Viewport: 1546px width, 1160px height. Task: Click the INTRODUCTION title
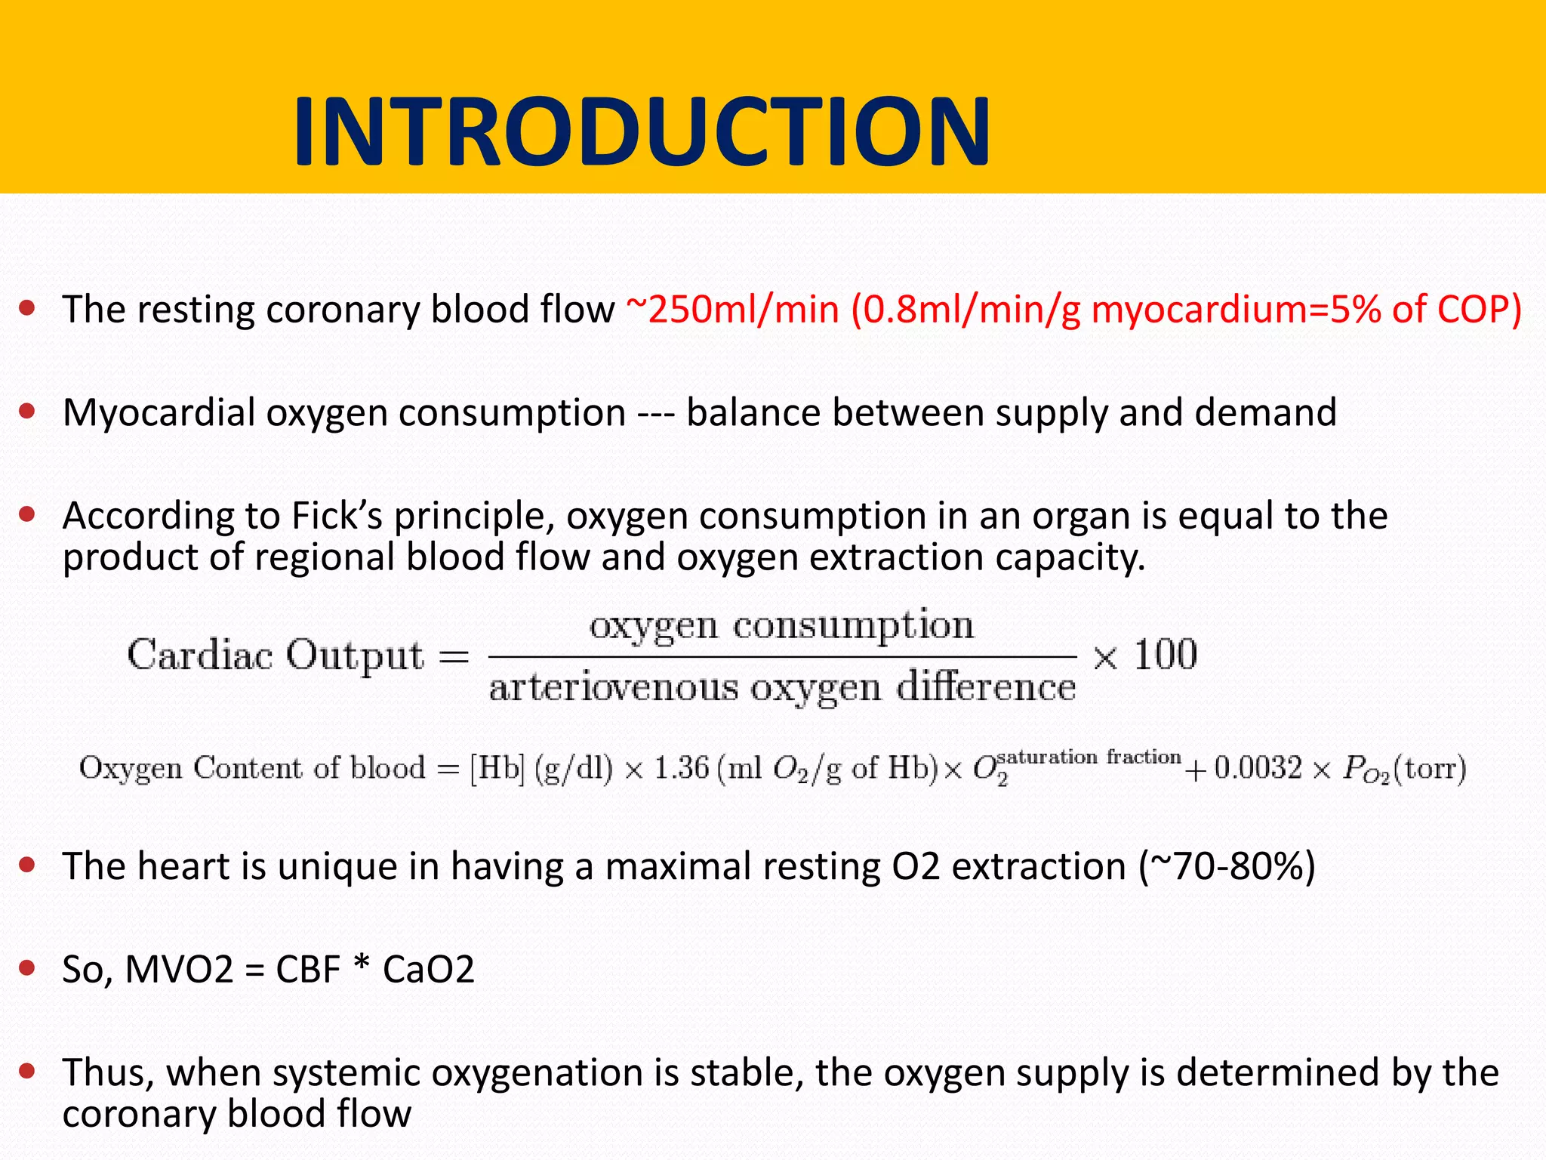[x=642, y=132]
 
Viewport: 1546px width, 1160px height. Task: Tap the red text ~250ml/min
[x=733, y=310]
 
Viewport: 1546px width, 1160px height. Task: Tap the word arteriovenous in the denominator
[x=613, y=688]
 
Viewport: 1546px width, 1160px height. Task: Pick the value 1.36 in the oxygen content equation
[x=681, y=768]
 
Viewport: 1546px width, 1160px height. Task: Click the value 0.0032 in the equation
[x=1258, y=768]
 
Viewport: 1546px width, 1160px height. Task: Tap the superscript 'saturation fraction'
[x=1089, y=757]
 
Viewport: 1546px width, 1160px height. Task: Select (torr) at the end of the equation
[x=1429, y=768]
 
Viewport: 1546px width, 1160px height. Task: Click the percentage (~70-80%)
[x=1227, y=866]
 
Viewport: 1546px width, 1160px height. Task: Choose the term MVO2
[x=179, y=970]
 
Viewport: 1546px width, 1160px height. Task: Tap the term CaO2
[x=428, y=970]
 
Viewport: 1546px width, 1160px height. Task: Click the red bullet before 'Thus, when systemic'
[x=28, y=1070]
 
